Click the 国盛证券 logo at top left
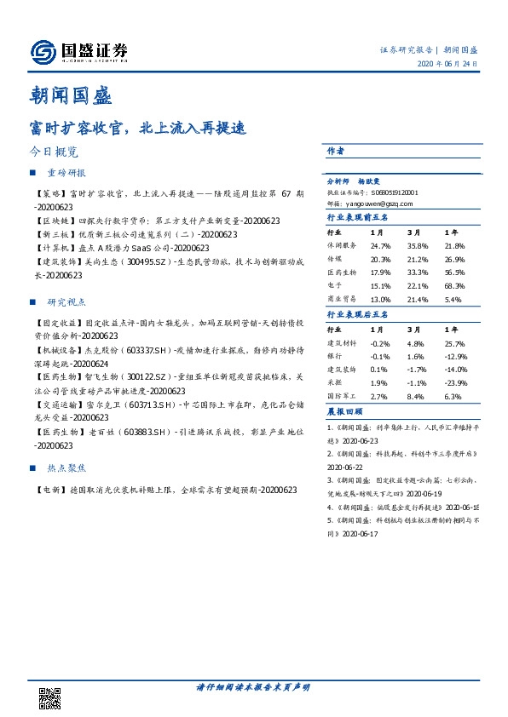point(78,51)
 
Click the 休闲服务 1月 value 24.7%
point(381,244)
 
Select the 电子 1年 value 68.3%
point(454,286)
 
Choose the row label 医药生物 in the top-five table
point(342,272)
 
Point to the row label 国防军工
point(342,397)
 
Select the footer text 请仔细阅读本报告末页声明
point(253,686)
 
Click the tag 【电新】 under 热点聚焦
point(49,490)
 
